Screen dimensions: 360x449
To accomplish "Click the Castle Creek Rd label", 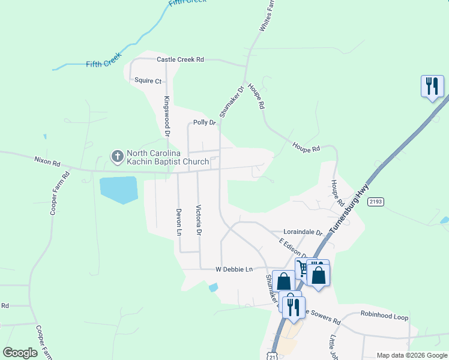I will pyautogui.click(x=180, y=60).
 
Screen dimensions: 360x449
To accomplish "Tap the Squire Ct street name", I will pyautogui.click(x=148, y=80).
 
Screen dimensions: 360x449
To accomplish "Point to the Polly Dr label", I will pyautogui.click(x=204, y=123).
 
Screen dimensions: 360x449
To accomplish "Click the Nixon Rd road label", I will pyautogui.click(x=47, y=161).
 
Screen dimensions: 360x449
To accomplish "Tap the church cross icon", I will pyautogui.click(x=117, y=157).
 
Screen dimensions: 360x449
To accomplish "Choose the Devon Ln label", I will pyautogui.click(x=178, y=221).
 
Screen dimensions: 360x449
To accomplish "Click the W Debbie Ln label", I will pyautogui.click(x=234, y=270).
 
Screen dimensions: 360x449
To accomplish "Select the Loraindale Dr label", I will pyautogui.click(x=303, y=232).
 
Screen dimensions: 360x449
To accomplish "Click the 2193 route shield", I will pyautogui.click(x=376, y=202).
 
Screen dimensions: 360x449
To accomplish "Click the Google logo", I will pyautogui.click(x=20, y=353).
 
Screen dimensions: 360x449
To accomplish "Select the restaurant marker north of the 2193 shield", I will pyautogui.click(x=432, y=86).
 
